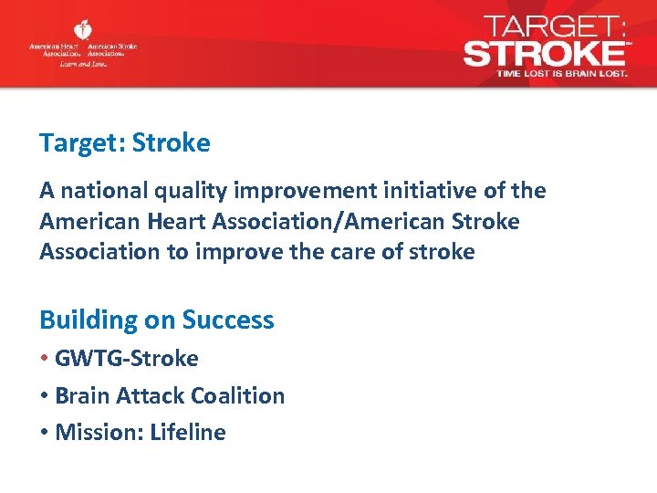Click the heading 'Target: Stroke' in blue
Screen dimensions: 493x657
(x=124, y=143)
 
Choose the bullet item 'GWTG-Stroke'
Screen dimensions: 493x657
(x=126, y=358)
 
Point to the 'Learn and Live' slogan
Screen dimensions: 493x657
(x=83, y=64)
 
